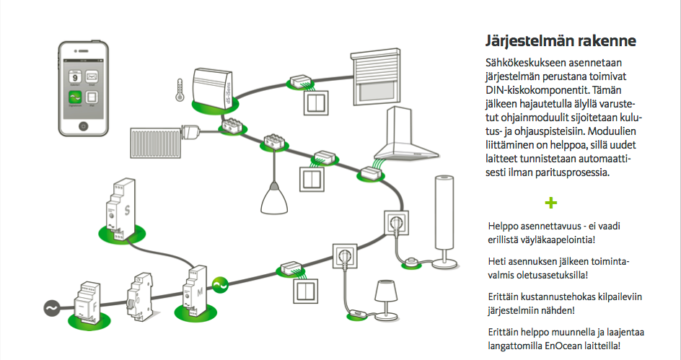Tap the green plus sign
pyautogui.click(x=552, y=202)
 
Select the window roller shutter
pyautogui.click(x=378, y=77)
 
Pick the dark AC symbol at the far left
pyautogui.click(x=52, y=309)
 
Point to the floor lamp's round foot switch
pyautogui.click(x=413, y=260)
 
